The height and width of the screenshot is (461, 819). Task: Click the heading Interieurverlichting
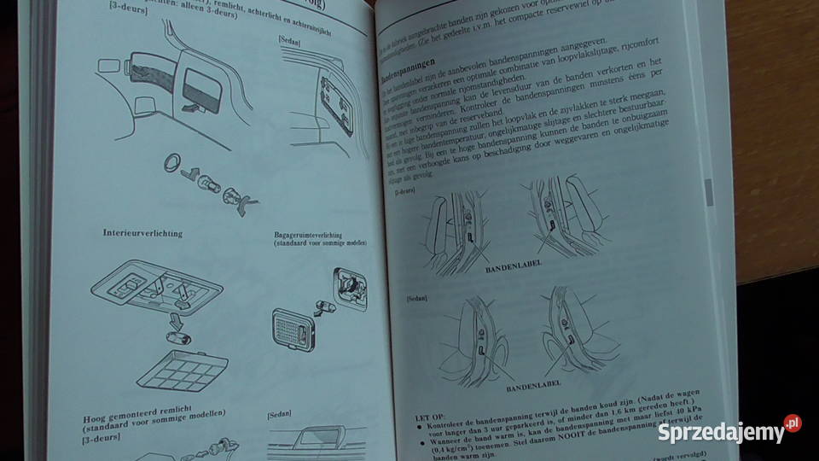coord(142,233)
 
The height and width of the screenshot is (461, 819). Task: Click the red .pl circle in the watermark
coord(793,423)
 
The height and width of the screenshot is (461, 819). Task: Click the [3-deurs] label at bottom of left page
coord(101,443)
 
